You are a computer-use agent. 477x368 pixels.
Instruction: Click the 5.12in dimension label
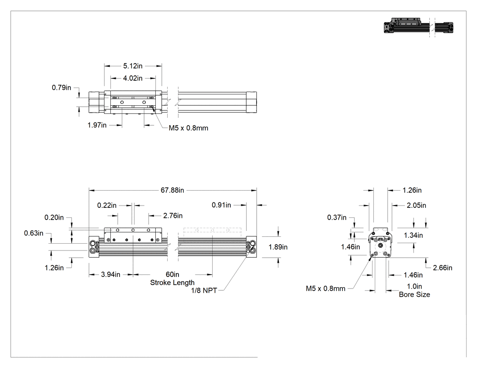[x=133, y=66]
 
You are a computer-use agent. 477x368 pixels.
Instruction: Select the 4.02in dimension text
[x=133, y=79]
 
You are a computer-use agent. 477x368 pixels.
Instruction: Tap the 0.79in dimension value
[x=61, y=88]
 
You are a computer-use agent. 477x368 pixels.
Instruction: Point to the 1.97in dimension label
[x=97, y=125]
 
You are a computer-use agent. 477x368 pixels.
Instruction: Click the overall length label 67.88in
[x=172, y=190]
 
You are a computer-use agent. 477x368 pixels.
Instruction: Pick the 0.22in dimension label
[x=107, y=206]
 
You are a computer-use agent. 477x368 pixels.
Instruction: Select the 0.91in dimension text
[x=221, y=205]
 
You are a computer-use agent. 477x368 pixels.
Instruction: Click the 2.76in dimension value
[x=173, y=216]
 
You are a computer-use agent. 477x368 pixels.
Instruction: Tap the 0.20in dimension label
[x=54, y=218]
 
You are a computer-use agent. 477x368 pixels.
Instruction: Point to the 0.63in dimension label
[x=34, y=233]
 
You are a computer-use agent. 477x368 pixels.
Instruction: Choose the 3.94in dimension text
[x=110, y=275]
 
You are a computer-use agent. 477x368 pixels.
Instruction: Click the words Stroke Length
[x=172, y=283]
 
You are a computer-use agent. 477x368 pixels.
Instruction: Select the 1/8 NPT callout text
[x=204, y=290]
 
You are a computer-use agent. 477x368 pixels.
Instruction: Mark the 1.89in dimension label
[x=278, y=247]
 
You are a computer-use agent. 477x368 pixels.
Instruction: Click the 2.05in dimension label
[x=417, y=206]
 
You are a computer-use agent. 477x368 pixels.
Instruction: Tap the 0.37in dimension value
[x=337, y=218]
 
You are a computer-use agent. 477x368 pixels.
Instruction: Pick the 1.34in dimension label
[x=413, y=235]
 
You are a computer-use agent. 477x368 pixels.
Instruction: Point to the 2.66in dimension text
[x=442, y=268]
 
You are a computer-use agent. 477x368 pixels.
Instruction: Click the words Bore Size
[x=414, y=294]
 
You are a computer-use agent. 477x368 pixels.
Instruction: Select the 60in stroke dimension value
[x=172, y=275]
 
